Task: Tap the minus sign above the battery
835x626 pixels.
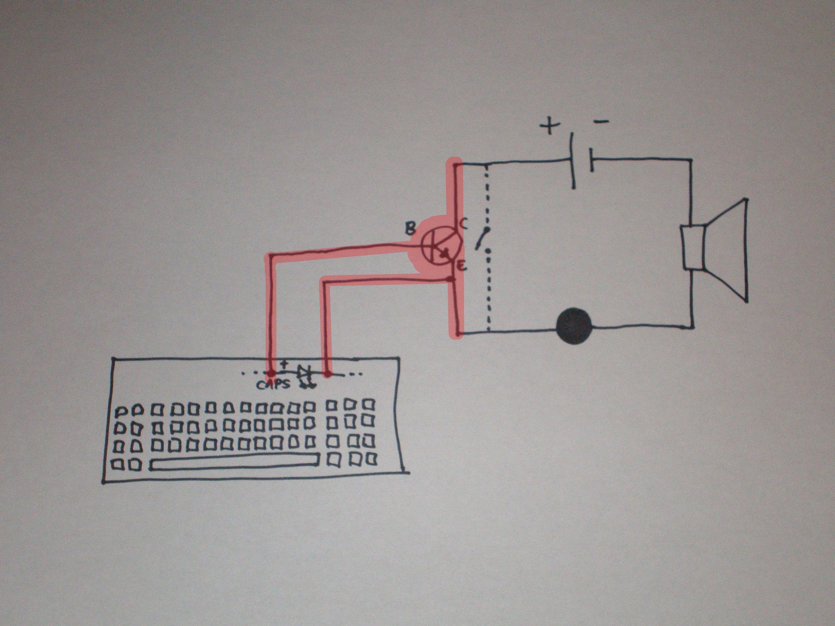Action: point(601,121)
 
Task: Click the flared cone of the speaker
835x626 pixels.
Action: point(727,250)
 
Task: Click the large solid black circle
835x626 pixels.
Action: point(574,327)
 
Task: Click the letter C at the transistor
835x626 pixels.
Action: point(464,225)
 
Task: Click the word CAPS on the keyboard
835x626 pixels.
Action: point(274,385)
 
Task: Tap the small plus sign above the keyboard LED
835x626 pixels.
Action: point(285,364)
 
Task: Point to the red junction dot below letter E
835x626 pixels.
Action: point(450,279)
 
